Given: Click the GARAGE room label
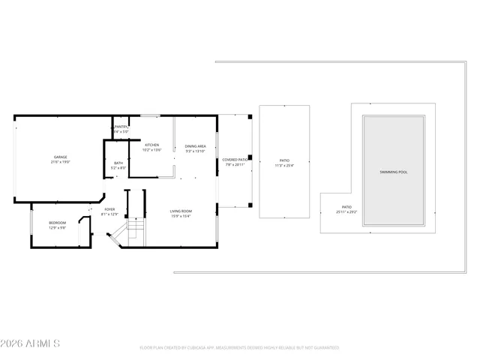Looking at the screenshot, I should (x=60, y=157).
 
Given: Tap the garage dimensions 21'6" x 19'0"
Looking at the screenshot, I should (x=60, y=162).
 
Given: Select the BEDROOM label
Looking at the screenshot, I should (x=58, y=222).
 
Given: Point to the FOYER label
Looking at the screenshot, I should (x=109, y=209).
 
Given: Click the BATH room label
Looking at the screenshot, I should (x=118, y=163).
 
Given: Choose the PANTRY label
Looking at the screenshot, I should (x=121, y=127).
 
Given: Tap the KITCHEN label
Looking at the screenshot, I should (x=151, y=145).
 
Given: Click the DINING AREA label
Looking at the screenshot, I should (x=195, y=145).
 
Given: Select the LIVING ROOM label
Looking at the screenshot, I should (x=181, y=211).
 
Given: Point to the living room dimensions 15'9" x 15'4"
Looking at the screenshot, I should (x=181, y=216).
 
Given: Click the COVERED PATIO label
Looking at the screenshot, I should (x=235, y=159).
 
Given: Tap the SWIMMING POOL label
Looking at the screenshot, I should (x=394, y=172).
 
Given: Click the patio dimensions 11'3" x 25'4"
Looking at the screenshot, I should (x=284, y=165).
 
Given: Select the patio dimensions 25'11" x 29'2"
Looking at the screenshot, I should (x=346, y=212).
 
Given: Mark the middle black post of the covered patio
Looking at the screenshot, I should (x=249, y=158).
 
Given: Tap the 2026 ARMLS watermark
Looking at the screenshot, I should (x=30, y=343).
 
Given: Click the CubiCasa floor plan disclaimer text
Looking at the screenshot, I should (x=239, y=348).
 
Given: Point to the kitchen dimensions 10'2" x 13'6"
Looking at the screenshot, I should (x=151, y=150).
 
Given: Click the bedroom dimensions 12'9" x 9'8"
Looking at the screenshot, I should (x=58, y=227).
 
